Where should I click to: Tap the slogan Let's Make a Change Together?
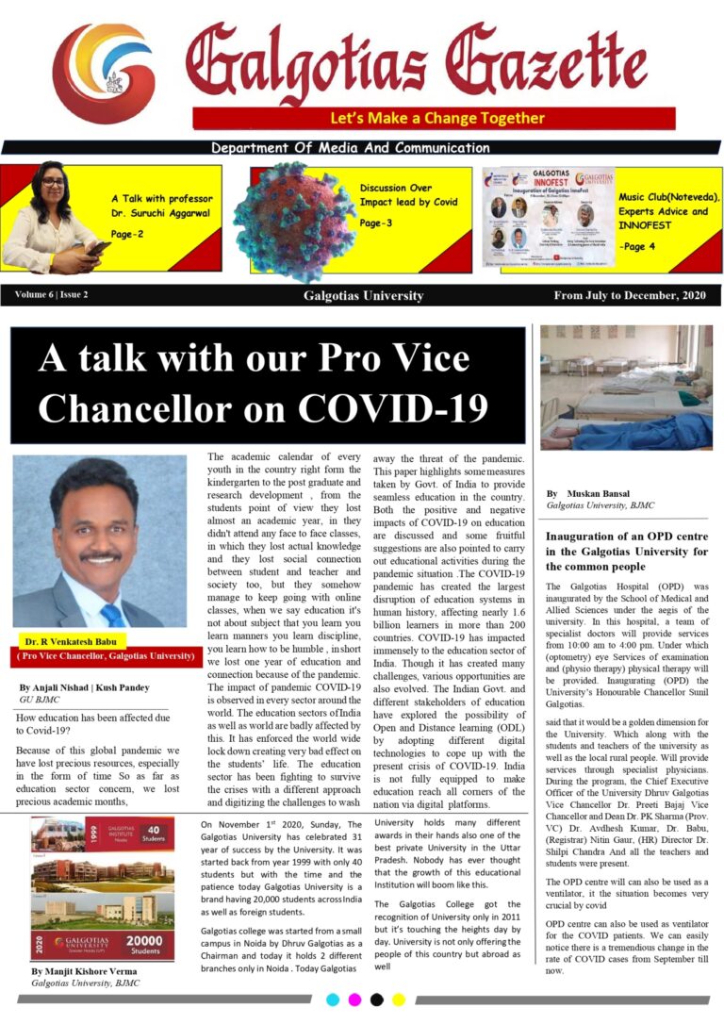point(436,119)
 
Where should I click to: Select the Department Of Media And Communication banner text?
point(350,148)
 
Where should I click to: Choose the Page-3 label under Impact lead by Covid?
point(376,223)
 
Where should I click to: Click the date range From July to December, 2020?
point(630,295)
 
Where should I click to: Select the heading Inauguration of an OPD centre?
point(627,537)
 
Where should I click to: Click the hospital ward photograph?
point(626,388)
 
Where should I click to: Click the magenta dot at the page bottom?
point(354,999)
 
